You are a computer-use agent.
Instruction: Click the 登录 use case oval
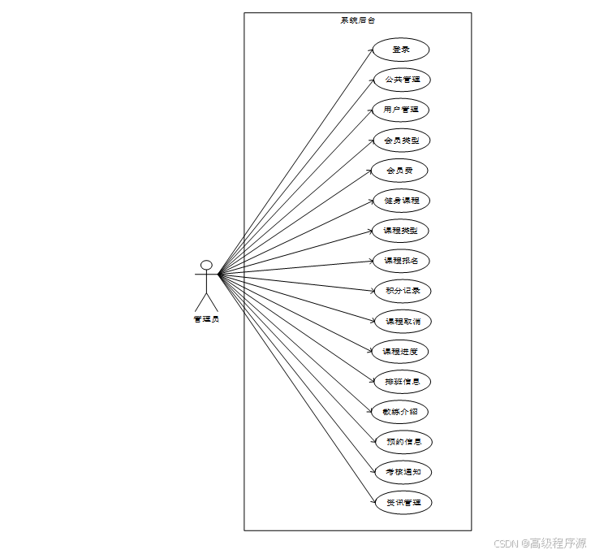tap(400, 50)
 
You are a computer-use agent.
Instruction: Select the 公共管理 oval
tap(402, 80)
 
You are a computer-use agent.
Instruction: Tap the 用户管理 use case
tap(401, 110)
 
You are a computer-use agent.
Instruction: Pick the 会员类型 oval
tap(402, 141)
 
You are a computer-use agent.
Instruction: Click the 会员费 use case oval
tap(399, 171)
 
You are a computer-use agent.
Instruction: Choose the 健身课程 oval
tap(401, 201)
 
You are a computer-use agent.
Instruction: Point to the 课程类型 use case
tap(401, 231)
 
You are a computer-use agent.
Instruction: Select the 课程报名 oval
tap(401, 261)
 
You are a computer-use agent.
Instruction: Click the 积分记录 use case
tap(402, 291)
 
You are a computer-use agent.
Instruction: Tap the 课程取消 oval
tap(403, 322)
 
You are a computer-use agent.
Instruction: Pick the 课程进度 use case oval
tap(400, 352)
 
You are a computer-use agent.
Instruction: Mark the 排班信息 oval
tap(402, 382)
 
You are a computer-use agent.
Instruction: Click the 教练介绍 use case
tap(400, 412)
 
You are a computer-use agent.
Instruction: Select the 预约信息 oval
tap(403, 443)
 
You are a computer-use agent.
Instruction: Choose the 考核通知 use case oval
tap(403, 472)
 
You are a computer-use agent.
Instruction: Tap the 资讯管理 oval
tap(403, 503)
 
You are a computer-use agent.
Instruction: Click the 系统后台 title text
tap(357, 20)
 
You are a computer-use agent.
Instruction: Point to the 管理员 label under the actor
tap(206, 319)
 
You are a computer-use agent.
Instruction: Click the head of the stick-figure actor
tap(206, 265)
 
